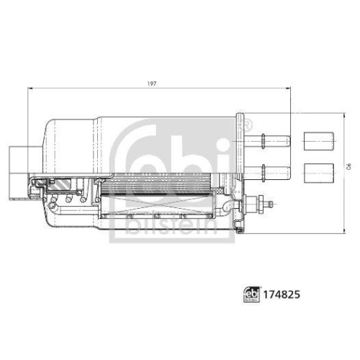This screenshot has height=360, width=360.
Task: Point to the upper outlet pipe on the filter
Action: click(276, 139)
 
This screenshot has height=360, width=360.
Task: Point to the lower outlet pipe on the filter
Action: click(276, 171)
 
